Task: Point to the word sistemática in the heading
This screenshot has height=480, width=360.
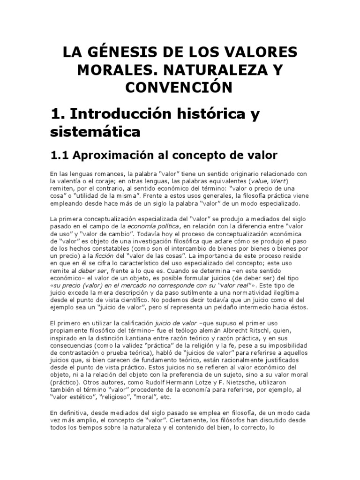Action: pos(95,132)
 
